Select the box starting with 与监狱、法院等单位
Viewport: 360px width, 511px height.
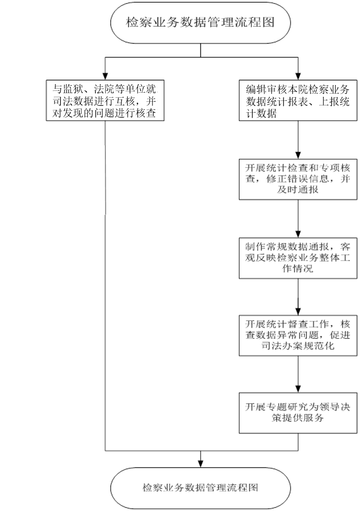pos(105,101)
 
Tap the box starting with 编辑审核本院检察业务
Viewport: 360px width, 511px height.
pos(298,101)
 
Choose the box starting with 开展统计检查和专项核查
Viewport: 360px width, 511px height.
pos(298,179)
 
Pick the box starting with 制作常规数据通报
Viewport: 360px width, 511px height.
pos(298,258)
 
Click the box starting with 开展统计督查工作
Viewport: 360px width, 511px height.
pos(298,335)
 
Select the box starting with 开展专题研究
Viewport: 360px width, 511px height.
pos(298,412)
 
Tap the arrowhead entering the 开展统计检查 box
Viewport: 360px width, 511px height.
pos(298,155)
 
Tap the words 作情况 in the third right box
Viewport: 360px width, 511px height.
pos(298,268)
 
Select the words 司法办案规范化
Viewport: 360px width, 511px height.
pos(298,346)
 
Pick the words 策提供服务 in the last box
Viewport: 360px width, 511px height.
pos(298,418)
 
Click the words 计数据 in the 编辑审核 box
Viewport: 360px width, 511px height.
pos(261,113)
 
